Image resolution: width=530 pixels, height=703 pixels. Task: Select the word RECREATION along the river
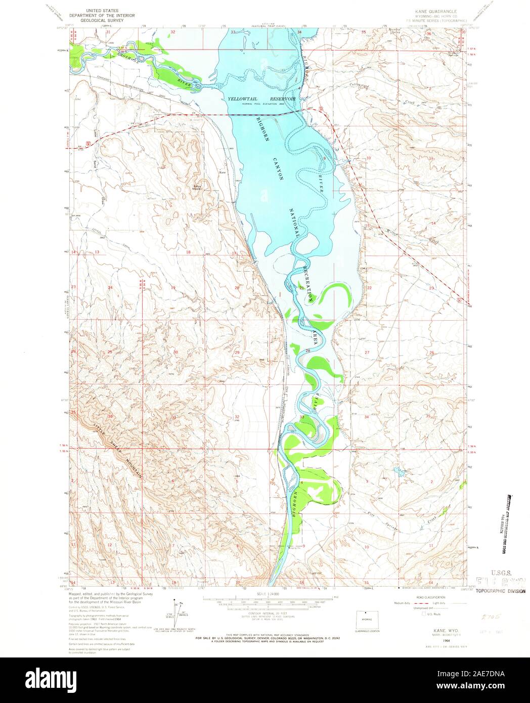click(310, 283)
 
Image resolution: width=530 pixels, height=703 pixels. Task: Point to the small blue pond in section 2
click(398, 475)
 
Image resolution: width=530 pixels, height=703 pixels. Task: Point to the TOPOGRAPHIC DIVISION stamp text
click(500, 590)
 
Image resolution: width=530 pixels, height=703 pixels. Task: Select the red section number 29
click(237, 352)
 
